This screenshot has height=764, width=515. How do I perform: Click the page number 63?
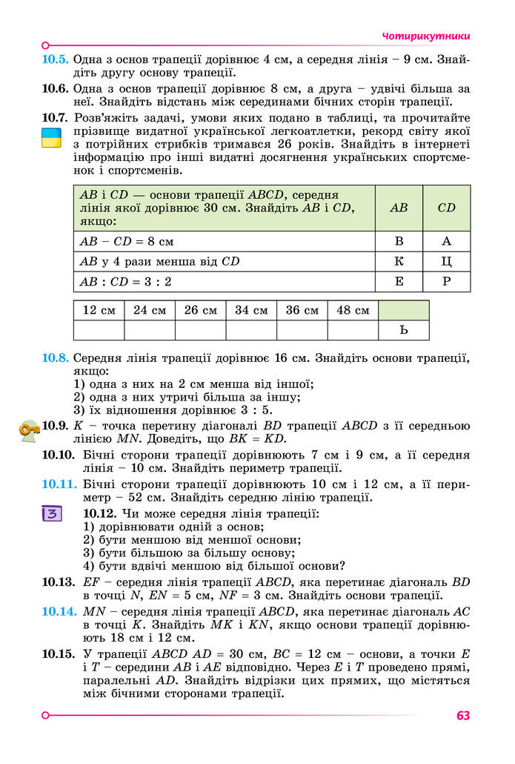point(463,716)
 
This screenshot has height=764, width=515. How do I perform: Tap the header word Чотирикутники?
point(426,36)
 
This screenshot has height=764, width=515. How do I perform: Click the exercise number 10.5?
point(56,59)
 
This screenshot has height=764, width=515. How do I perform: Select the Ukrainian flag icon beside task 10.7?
point(51,137)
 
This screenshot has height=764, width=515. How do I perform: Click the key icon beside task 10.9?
point(30,429)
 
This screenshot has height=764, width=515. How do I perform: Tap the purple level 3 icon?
point(52,514)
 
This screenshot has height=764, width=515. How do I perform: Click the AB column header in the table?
point(399,208)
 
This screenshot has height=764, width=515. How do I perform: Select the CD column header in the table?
point(446,208)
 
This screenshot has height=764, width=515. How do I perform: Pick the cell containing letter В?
point(399,241)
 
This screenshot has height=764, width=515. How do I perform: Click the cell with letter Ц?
point(446,261)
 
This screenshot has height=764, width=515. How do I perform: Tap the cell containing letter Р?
point(446,281)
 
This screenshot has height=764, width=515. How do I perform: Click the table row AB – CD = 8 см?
point(222,241)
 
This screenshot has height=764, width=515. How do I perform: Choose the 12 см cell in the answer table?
point(99,310)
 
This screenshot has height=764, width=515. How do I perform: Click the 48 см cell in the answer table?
point(353,310)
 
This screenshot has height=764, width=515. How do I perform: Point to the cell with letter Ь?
point(403,330)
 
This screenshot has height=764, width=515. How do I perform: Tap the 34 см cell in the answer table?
point(251,310)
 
